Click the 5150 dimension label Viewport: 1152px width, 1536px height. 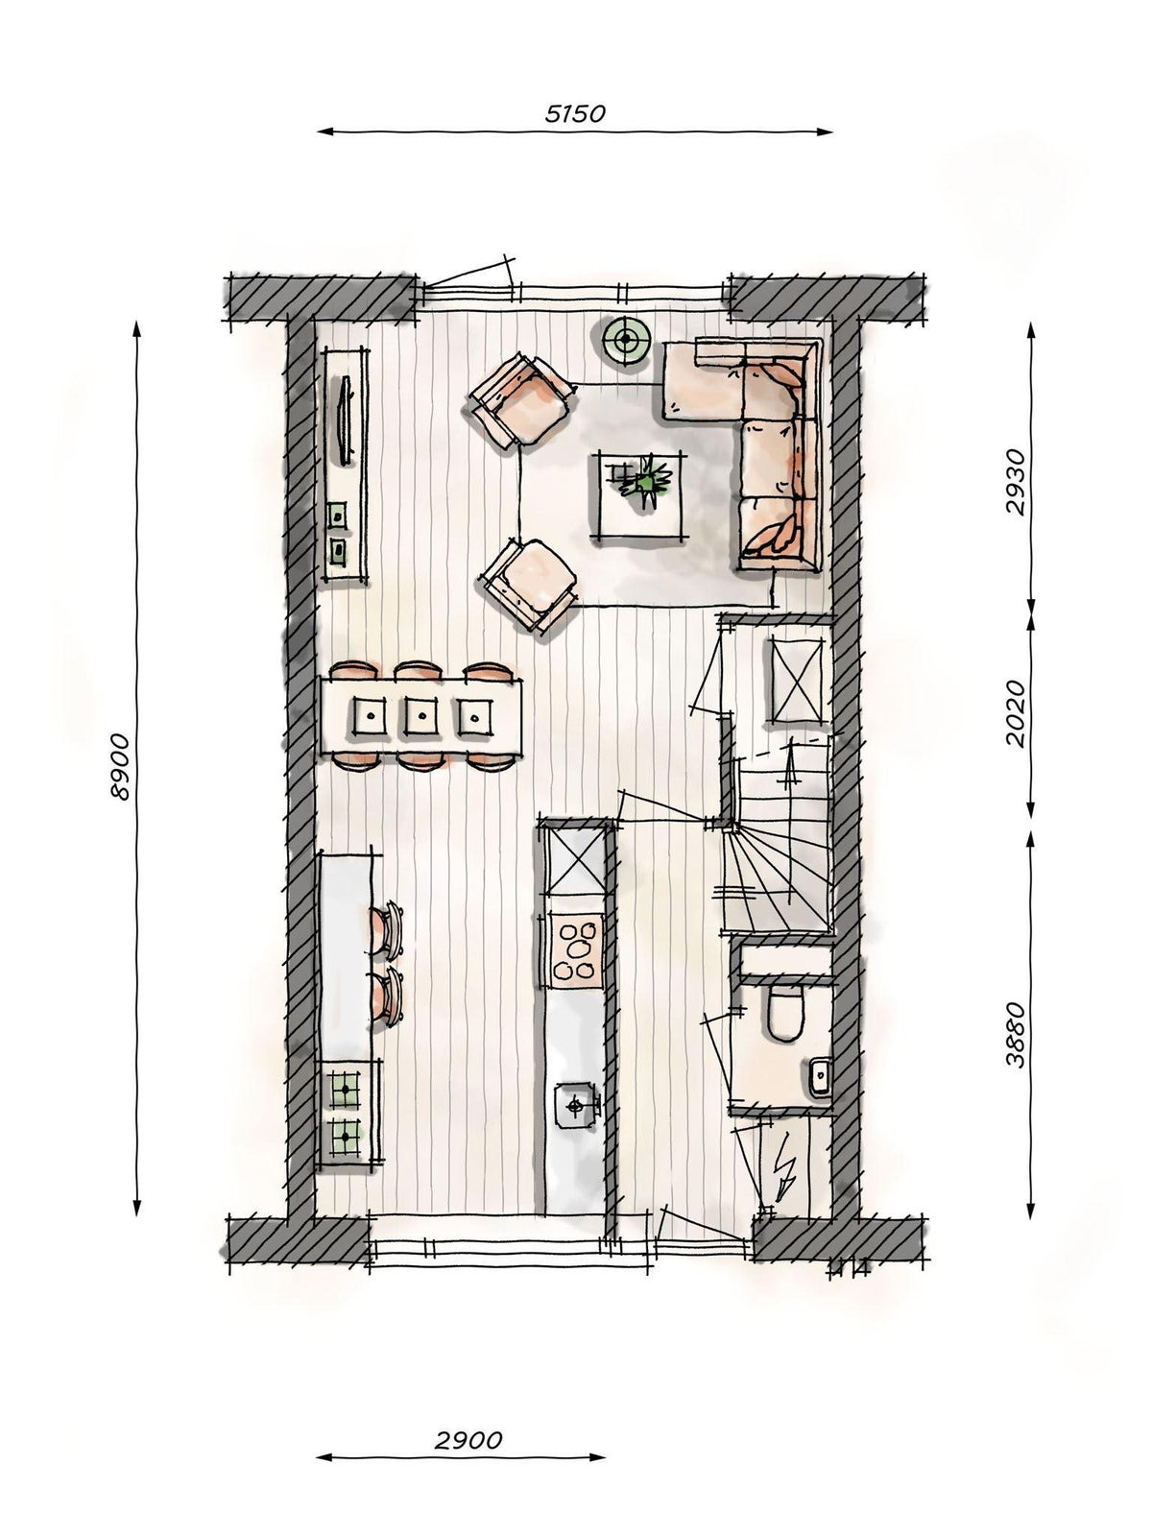574,113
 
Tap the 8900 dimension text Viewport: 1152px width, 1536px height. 120,767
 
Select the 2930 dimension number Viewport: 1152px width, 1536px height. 1015,483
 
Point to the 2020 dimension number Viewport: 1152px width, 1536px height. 1015,714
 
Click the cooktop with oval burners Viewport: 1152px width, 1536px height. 576,950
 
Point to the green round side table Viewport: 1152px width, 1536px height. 627,340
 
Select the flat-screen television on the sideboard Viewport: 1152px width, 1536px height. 346,420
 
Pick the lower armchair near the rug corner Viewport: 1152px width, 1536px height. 529,586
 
